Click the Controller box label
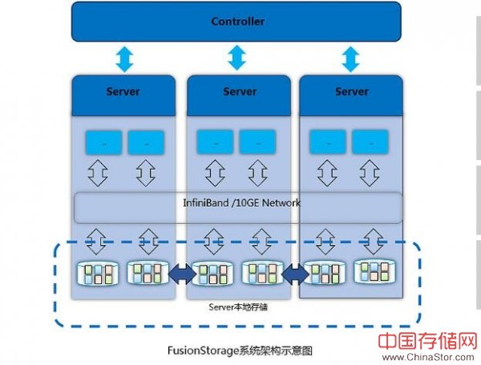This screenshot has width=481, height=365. coord(237,22)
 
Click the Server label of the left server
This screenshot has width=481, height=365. coord(123,91)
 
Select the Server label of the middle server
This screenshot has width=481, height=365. coord(239,91)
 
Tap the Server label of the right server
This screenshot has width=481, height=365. coord(351,91)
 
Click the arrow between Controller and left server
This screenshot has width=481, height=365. coord(123,58)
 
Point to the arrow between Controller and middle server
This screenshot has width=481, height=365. coord(236,58)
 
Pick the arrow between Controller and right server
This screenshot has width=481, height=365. coord(350,58)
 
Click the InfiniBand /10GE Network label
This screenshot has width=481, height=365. coord(240,203)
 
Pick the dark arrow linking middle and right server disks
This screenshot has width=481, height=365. coord(293,275)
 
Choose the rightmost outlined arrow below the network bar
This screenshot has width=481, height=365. coord(373,239)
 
